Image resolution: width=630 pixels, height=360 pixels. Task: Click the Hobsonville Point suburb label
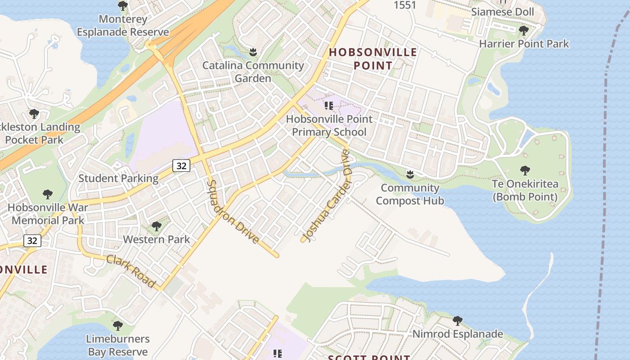(x=373, y=59)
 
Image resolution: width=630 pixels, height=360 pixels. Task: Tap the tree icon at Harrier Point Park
(x=523, y=31)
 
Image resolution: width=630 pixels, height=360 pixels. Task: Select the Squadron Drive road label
(x=234, y=211)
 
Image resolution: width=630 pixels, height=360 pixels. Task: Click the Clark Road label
(x=131, y=271)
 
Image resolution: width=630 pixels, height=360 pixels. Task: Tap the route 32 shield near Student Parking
(x=181, y=166)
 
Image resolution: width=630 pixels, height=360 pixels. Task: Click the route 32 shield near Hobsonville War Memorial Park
(x=32, y=241)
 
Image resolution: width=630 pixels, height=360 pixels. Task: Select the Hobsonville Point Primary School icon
(x=329, y=106)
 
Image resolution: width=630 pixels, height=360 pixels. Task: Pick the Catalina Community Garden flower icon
(x=253, y=52)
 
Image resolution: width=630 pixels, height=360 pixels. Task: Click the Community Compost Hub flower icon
(x=410, y=174)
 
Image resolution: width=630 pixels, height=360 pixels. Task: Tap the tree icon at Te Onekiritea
(x=525, y=171)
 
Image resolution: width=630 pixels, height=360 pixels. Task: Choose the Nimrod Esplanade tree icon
(x=458, y=321)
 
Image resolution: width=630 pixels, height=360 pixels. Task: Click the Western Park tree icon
(x=156, y=226)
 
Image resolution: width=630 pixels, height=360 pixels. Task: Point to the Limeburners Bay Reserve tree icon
(x=118, y=325)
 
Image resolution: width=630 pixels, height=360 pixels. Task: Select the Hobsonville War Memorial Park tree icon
(x=48, y=194)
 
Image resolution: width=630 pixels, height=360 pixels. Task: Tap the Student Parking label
(x=118, y=179)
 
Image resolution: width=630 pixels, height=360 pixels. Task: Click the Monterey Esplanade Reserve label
(x=123, y=26)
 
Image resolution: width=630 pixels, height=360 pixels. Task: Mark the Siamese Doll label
(x=503, y=12)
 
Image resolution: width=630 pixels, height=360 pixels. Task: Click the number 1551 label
(x=405, y=5)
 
